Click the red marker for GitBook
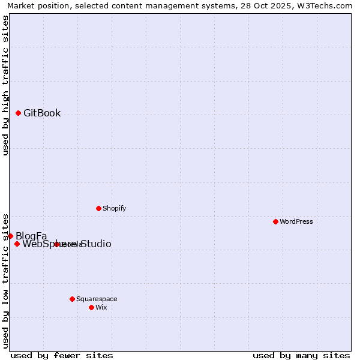pyautogui.click(x=18, y=113)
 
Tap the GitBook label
pyautogui.click(x=42, y=113)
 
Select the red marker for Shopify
pyautogui.click(x=98, y=208)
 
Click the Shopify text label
pyautogui.click(x=114, y=208)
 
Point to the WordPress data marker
pyautogui.click(x=275, y=221)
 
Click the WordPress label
pyautogui.click(x=296, y=221)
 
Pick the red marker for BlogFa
pyautogui.click(x=10, y=236)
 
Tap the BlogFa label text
pyautogui.click(x=31, y=236)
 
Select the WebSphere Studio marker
pyautogui.click(x=17, y=244)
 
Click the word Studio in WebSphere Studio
pyautogui.click(x=96, y=244)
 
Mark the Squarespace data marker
pyautogui.click(x=72, y=299)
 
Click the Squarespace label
pyautogui.click(x=97, y=299)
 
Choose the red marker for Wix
pyautogui.click(x=91, y=307)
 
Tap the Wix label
pyautogui.click(x=101, y=307)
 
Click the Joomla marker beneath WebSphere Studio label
pyautogui.click(x=56, y=244)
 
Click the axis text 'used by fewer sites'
pyautogui.click(x=62, y=355)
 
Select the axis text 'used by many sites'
pyautogui.click(x=301, y=355)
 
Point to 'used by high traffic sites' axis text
pyautogui.click(x=5, y=85)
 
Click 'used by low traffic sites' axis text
pyautogui.click(x=5, y=280)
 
